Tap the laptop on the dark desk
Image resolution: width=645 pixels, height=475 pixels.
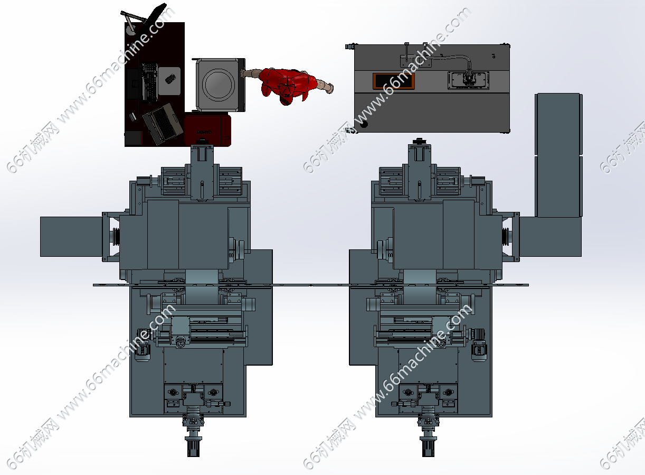click(163, 123)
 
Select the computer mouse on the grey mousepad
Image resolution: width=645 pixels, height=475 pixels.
click(170, 79)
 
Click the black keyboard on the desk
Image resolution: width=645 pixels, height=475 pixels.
click(150, 82)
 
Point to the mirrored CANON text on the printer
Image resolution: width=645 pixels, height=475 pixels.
click(204, 132)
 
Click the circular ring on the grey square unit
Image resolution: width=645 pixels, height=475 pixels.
click(219, 85)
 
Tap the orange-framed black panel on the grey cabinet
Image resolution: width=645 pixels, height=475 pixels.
click(394, 81)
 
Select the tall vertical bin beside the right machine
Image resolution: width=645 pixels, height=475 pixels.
click(558, 155)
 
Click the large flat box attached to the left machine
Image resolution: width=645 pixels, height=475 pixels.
click(71, 237)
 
